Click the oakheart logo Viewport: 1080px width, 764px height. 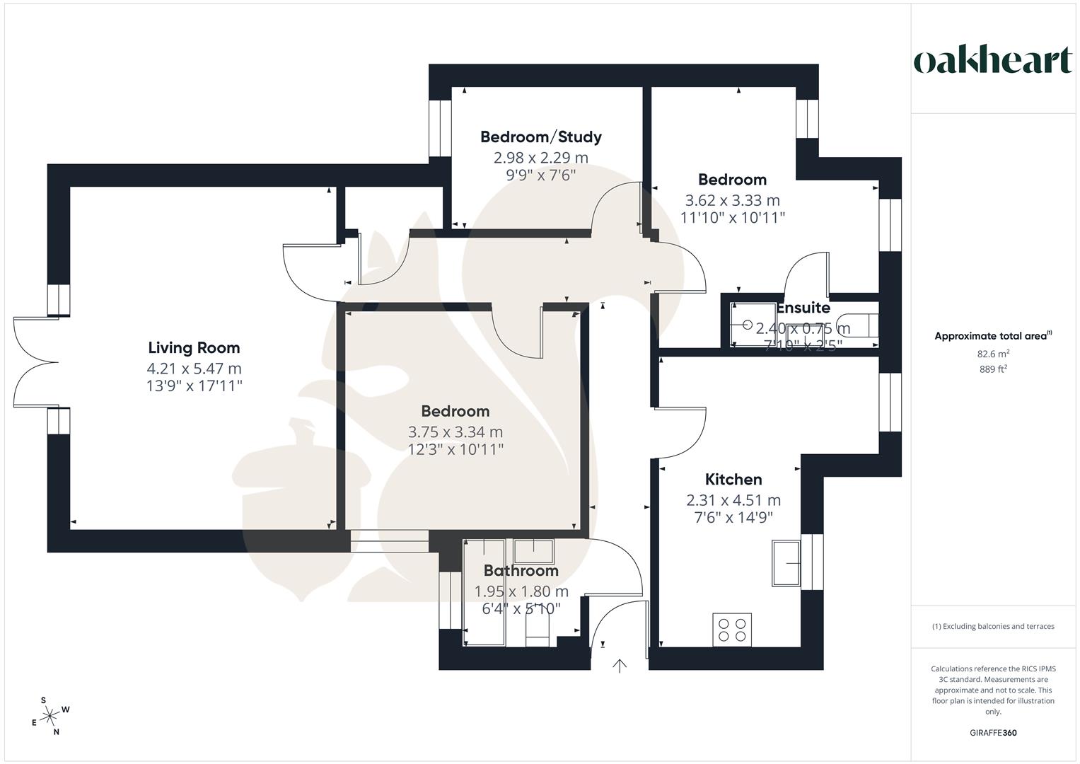pos(993,61)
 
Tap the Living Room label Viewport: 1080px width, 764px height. pos(194,347)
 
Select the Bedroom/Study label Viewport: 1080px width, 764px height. pos(540,137)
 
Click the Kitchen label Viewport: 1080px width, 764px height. pos(733,480)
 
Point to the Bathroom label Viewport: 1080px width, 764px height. pos(521,570)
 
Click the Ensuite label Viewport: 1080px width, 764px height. pos(803,308)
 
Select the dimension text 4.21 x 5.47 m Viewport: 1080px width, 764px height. pos(194,368)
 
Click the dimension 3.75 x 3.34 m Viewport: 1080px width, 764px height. pos(455,432)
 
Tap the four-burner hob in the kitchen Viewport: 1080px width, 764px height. pos(732,629)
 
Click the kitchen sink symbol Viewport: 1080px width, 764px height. pos(786,563)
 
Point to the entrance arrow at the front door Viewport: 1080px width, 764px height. pos(620,665)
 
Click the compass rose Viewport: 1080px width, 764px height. pos(50,717)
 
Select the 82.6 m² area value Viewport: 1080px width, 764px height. pos(993,354)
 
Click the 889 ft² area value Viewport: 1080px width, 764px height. pos(993,369)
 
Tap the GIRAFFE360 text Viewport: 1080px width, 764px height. pos(993,733)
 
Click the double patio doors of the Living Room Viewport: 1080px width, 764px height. pos(35,363)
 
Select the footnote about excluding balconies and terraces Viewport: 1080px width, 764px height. pos(993,626)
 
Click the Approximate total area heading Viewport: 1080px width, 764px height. pos(993,336)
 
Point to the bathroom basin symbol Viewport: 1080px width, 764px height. pos(533,550)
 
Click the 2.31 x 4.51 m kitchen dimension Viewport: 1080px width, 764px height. pos(733,500)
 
